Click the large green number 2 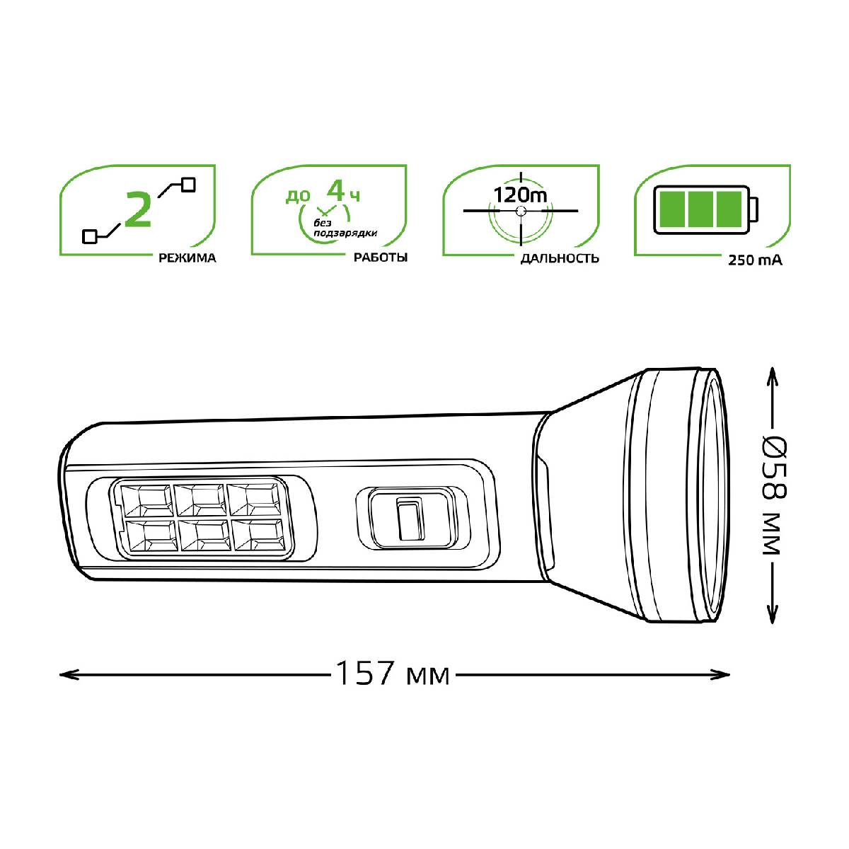pos(138,209)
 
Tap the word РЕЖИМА pos(187,258)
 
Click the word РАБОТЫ pos(381,258)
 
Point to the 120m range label pos(520,195)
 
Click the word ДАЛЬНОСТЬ pos(560,258)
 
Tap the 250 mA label pos(755,260)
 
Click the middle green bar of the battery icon pos(700,209)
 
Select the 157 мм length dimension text pos(393,674)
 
